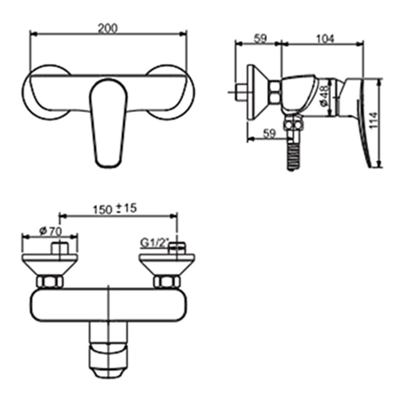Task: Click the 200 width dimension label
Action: pos(108,28)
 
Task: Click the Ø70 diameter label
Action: pos(50,231)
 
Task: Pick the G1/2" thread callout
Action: pos(154,243)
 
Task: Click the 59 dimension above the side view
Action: pos(260,39)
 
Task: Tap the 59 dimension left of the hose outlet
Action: pos(268,134)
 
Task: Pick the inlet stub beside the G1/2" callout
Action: pos(177,247)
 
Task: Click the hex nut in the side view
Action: pos(275,93)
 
